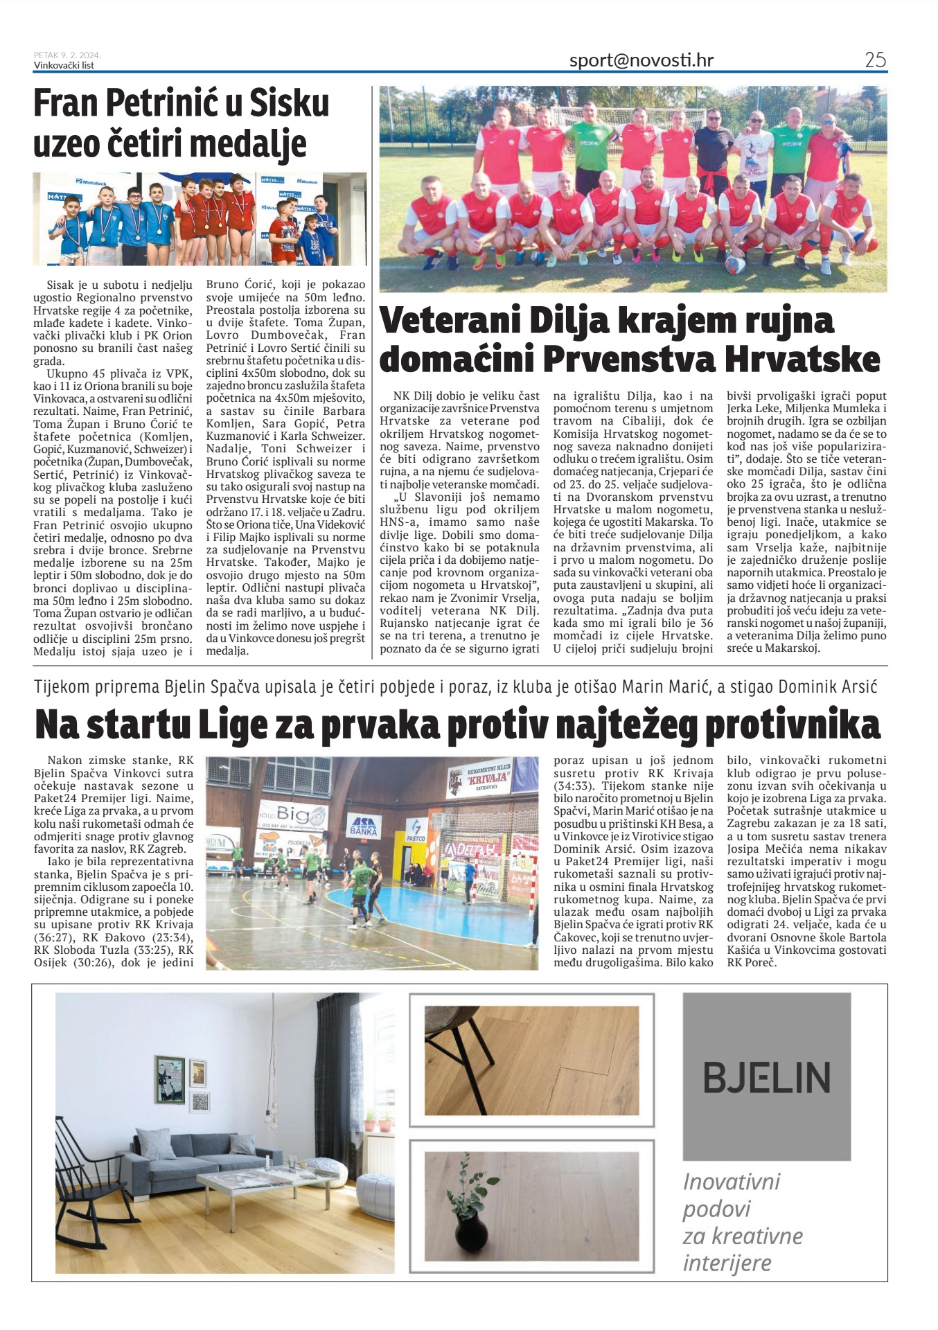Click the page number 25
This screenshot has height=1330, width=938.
click(x=875, y=60)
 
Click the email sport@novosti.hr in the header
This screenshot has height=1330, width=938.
click(x=641, y=61)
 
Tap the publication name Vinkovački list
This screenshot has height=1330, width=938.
click(x=64, y=66)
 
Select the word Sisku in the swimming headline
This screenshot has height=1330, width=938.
click(x=289, y=104)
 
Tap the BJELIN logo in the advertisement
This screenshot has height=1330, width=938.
click(x=766, y=1077)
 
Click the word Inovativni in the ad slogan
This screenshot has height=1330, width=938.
click(x=732, y=1182)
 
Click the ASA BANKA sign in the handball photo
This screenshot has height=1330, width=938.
click(x=363, y=826)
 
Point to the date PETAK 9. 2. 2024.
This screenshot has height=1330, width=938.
click(x=67, y=55)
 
